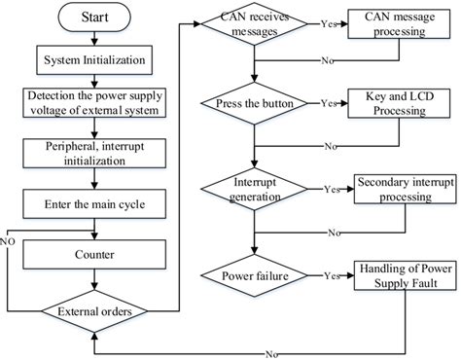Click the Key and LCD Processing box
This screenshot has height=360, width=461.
point(394,104)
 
